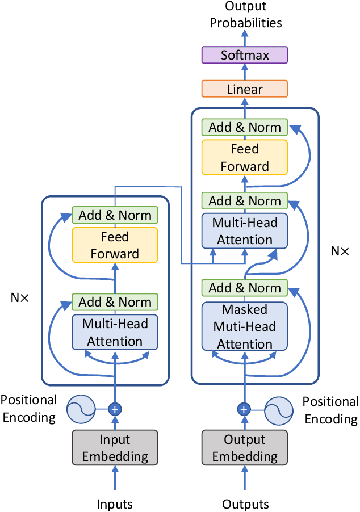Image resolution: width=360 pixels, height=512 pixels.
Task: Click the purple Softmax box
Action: pos(245,55)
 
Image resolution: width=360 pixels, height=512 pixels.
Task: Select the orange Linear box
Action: pos(245,89)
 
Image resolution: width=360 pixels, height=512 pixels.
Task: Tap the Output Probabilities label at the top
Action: pos(245,15)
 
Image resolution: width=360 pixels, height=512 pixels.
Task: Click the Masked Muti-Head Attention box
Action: pos(245,327)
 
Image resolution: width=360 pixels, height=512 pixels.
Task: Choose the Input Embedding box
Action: pos(115,448)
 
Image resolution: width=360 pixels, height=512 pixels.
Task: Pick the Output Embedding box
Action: pos(245,448)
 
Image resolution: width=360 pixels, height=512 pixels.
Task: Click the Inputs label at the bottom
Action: pos(115,504)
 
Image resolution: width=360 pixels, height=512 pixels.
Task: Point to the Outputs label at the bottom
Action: pos(245,504)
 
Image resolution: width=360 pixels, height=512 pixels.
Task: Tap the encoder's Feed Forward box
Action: pos(115,245)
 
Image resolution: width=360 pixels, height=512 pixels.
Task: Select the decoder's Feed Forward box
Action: pos(245,158)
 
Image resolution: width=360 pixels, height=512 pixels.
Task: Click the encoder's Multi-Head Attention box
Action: pos(115,333)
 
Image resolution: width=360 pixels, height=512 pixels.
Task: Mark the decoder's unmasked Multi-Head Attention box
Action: pos(245,231)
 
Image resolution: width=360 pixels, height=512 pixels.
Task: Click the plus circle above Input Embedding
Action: pos(115,409)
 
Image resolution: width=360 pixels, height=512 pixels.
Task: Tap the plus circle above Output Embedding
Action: pos(244,409)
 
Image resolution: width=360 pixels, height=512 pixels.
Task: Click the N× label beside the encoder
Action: pos(20,297)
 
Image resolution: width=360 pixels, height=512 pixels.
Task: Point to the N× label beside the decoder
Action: pos(340,250)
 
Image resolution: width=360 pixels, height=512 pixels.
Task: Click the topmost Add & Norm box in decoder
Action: pos(245,127)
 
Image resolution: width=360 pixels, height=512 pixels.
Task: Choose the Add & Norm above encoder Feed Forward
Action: pos(115,215)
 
